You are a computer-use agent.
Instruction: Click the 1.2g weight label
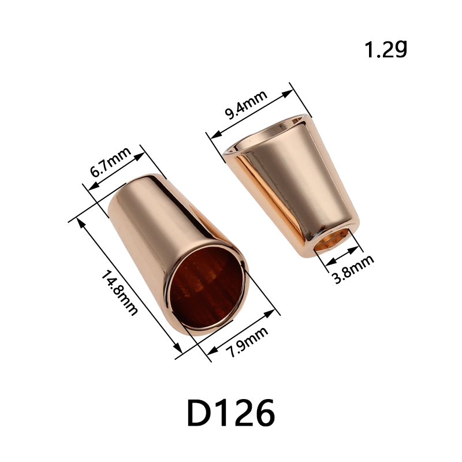386,49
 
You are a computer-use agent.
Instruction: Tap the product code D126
231,413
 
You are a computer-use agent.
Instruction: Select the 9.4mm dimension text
246,105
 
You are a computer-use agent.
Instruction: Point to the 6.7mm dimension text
110,162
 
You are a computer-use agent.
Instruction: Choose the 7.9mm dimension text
247,342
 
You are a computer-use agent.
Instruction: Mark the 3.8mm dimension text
353,269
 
